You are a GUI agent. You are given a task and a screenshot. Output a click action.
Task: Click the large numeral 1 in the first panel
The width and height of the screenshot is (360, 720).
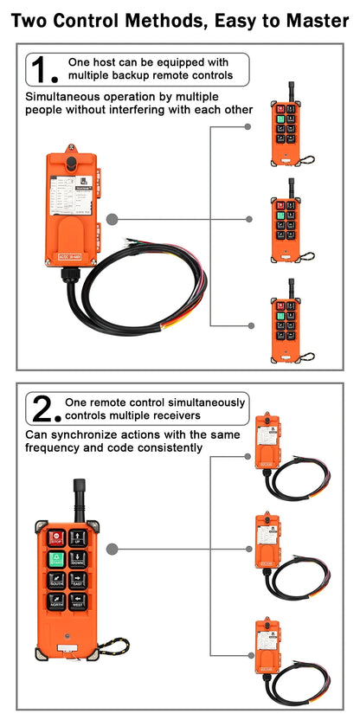coord(41,69)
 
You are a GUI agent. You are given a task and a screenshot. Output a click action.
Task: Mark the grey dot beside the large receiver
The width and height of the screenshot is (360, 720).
coord(112,220)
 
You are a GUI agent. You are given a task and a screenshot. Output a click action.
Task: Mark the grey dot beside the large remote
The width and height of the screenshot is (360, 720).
coord(112,549)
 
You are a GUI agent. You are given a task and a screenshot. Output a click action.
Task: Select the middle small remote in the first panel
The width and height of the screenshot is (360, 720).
coord(287,222)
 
